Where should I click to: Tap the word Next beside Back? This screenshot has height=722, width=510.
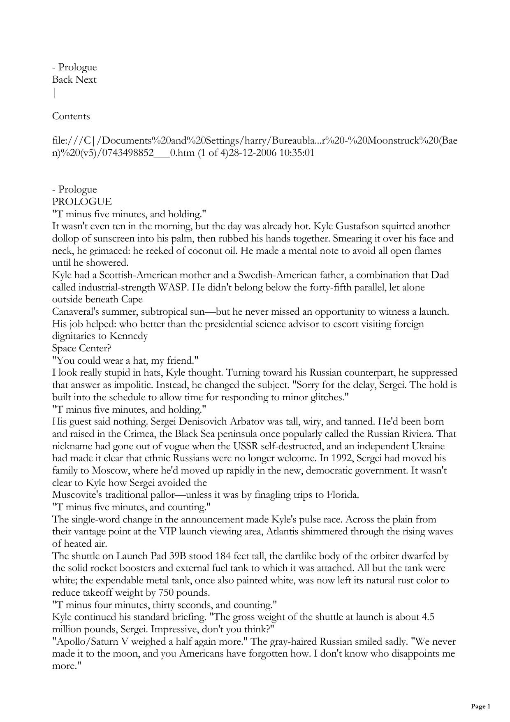click(x=86, y=79)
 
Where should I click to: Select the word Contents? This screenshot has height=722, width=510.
click(x=71, y=116)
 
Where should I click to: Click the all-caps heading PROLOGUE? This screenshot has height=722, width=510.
click(x=82, y=202)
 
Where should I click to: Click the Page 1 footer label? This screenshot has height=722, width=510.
click(x=480, y=707)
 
